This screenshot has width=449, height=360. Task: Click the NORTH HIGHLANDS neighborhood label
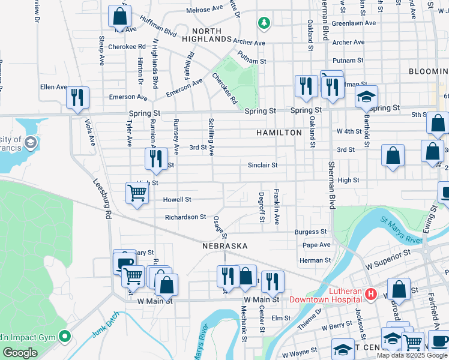211,35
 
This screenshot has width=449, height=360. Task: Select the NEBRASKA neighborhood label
224,247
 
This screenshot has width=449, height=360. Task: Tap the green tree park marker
263,23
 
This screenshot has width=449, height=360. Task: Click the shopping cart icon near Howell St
137,193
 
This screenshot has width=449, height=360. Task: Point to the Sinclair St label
263,165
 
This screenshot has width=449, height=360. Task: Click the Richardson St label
185,217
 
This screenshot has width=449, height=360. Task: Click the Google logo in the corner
20,353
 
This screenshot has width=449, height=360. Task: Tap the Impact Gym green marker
65,336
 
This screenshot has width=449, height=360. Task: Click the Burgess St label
311,232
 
